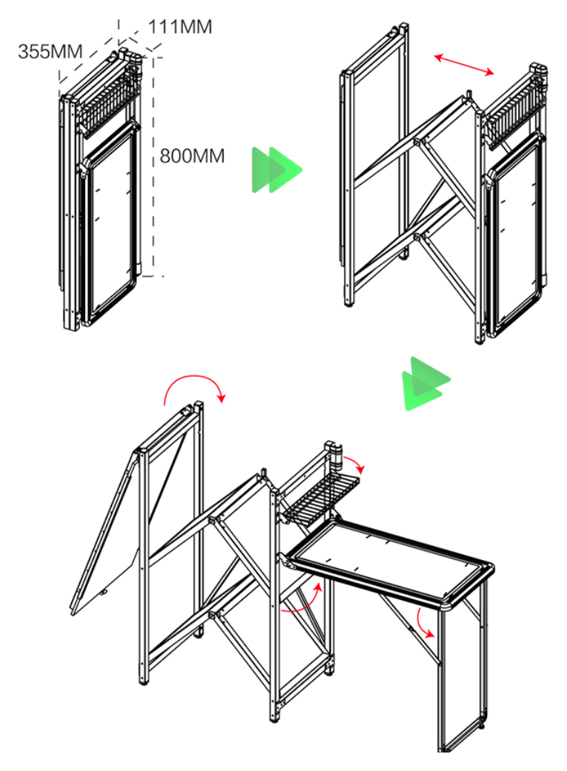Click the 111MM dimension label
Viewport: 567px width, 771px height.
[180, 27]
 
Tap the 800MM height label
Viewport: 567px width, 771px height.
[192, 156]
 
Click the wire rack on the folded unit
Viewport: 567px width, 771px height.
[107, 104]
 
